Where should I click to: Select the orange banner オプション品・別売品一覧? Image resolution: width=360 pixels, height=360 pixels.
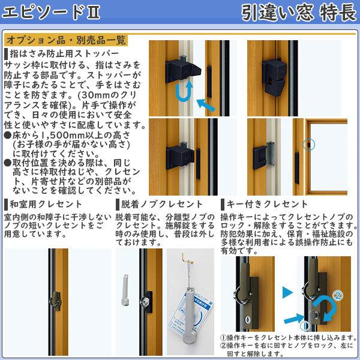click(66, 41)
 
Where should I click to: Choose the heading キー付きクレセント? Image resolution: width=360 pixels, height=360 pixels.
click(268, 204)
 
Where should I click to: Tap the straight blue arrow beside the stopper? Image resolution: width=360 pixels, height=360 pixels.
click(206, 106)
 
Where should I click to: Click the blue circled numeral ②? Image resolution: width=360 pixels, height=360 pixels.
click(338, 295)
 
